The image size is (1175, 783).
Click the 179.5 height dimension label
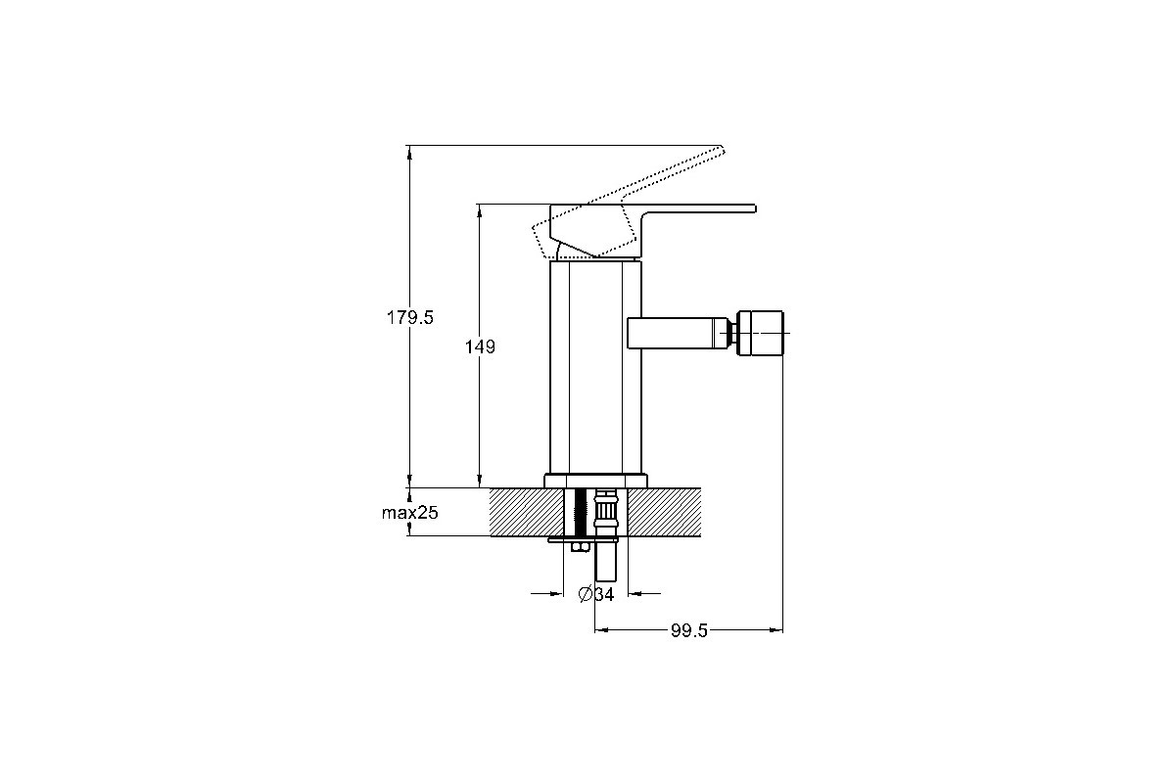pos(409,317)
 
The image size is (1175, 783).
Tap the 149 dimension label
pos(480,346)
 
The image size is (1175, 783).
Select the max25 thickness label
pos(409,513)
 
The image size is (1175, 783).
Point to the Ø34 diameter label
pos(596,594)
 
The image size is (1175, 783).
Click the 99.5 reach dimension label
pos(689,630)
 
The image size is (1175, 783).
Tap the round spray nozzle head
pos(760,333)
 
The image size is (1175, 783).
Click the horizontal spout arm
pos(677,333)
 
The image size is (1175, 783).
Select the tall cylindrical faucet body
pos(595,367)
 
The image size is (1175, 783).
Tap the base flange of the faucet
pos(595,481)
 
